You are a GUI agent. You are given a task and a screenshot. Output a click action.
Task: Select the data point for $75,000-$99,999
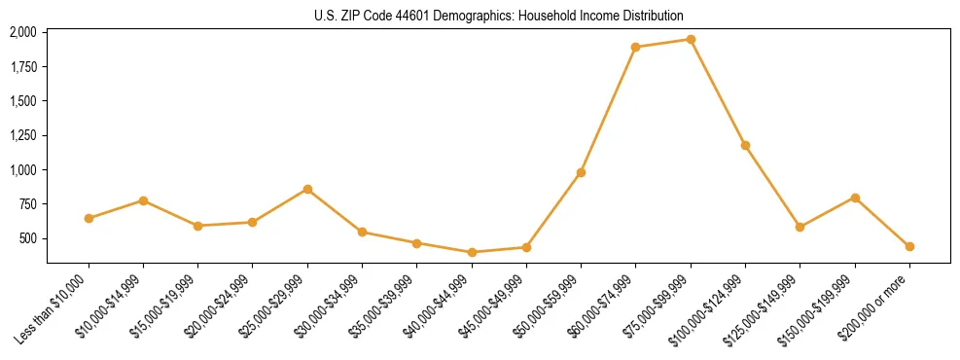tap(691, 40)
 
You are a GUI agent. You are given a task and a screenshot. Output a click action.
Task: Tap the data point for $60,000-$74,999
tap(635, 47)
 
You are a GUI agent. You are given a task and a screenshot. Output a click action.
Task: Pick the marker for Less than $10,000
tap(89, 218)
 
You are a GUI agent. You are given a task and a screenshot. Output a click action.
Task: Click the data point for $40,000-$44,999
tap(472, 252)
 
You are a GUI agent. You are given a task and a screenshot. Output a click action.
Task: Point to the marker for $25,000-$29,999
tap(307, 189)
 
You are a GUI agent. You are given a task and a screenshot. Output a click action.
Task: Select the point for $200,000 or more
tap(909, 246)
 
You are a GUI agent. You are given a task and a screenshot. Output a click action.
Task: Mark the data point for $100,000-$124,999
tap(745, 145)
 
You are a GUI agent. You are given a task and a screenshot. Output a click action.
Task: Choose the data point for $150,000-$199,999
tap(855, 198)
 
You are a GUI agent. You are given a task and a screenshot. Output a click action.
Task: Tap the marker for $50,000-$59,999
tap(581, 172)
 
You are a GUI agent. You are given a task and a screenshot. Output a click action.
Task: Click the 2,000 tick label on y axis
tap(23, 32)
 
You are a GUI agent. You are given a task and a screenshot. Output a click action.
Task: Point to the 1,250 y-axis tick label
tap(23, 135)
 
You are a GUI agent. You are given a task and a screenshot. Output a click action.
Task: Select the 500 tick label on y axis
tap(28, 238)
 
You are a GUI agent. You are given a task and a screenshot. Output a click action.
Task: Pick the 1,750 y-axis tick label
tap(23, 67)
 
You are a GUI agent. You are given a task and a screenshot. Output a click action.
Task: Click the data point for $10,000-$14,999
tap(143, 200)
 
